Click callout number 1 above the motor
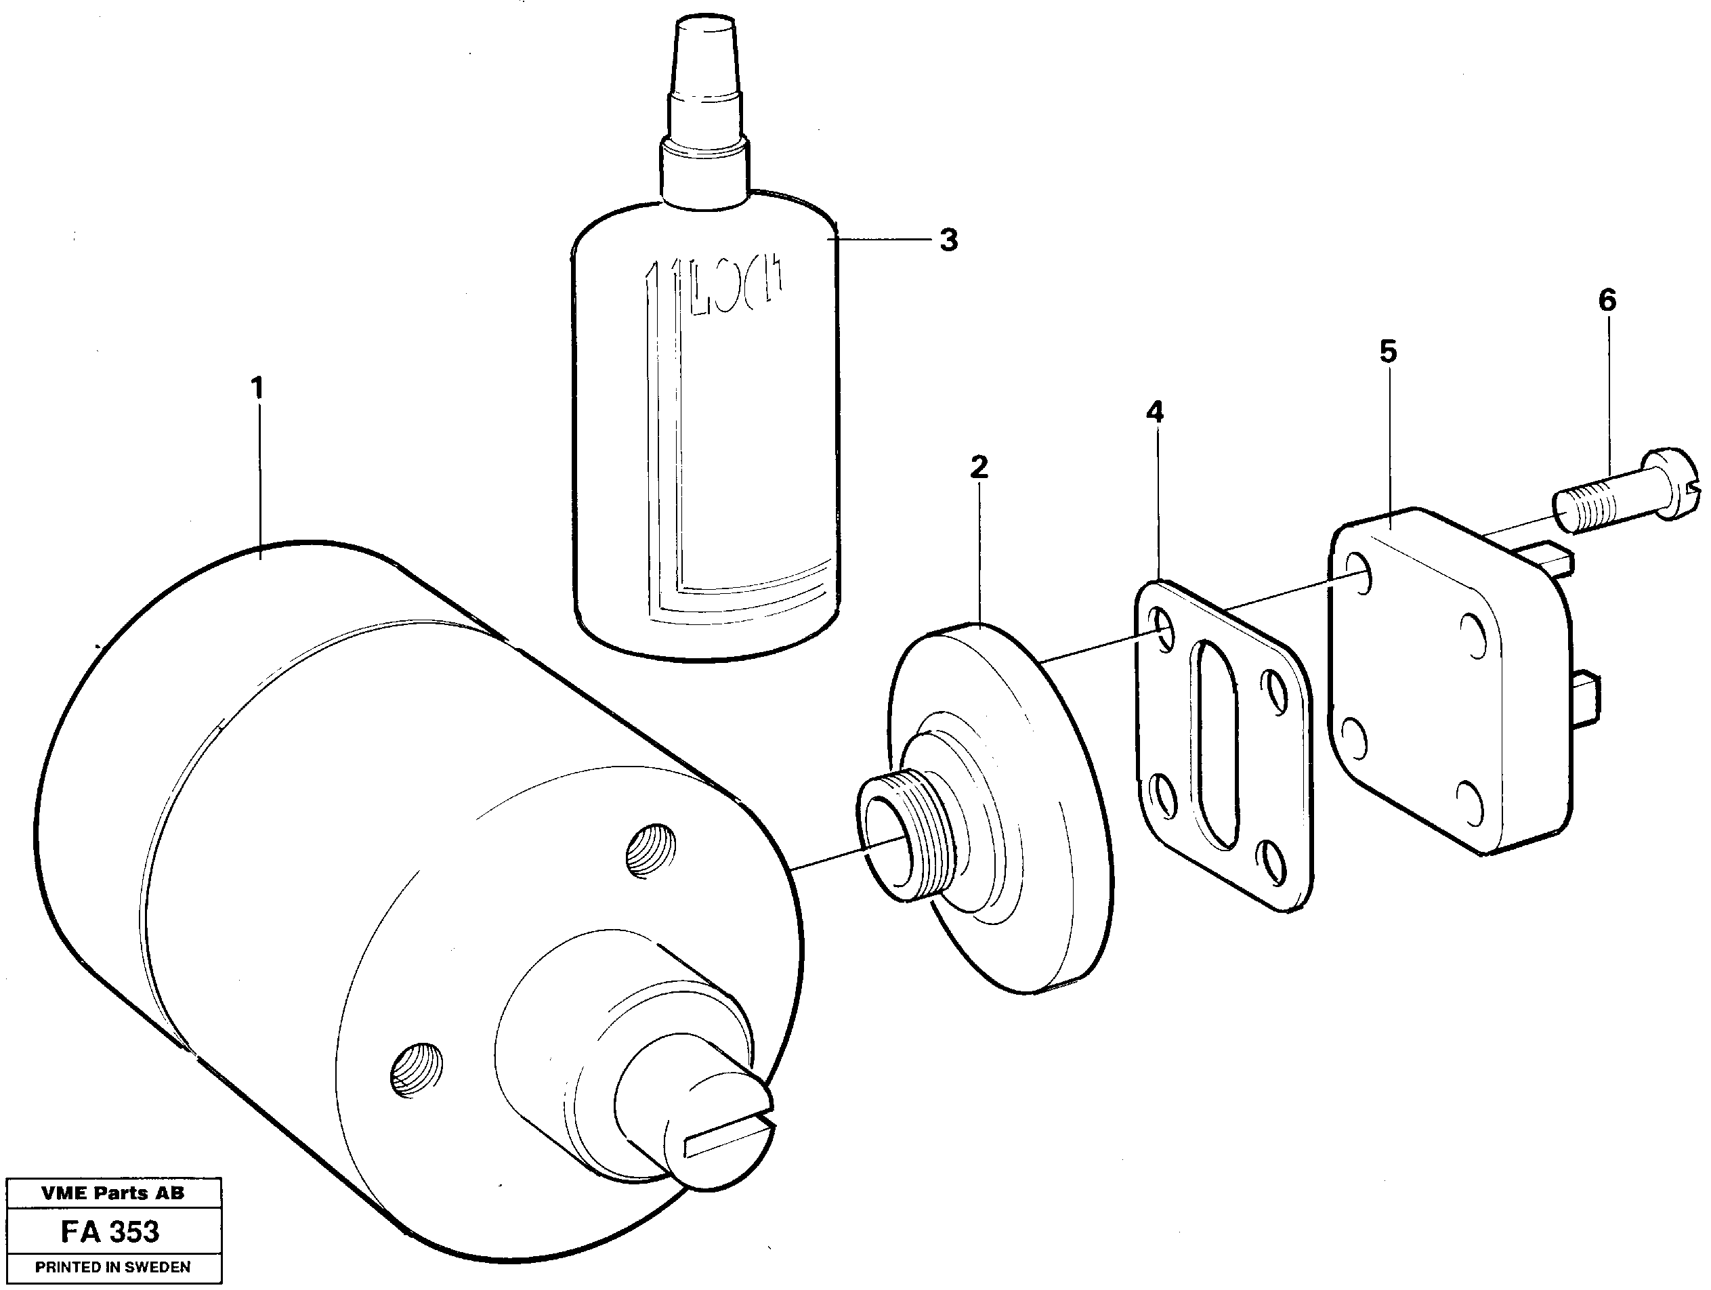point(257,389)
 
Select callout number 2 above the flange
point(979,467)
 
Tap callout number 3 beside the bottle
point(948,240)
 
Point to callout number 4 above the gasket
point(1154,412)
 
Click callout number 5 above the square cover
point(1389,352)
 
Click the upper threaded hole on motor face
point(649,851)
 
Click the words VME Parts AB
point(113,1193)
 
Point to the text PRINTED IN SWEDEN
point(113,1268)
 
